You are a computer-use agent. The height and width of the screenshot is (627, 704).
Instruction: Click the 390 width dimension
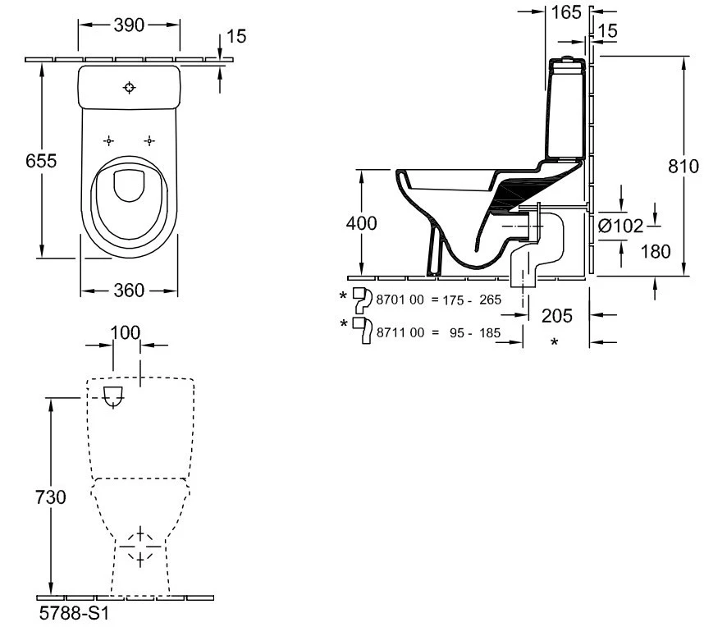tap(128, 25)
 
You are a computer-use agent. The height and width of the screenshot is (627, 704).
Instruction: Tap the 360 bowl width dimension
tap(129, 290)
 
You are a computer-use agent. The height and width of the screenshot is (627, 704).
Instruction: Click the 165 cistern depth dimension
tap(567, 11)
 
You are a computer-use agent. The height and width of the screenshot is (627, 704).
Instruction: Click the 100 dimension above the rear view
tap(126, 332)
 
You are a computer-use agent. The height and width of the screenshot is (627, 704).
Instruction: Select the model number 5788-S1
tap(75, 614)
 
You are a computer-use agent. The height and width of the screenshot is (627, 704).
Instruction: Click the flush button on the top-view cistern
tap(130, 87)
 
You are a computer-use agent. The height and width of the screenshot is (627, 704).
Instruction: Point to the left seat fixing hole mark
tap(110, 140)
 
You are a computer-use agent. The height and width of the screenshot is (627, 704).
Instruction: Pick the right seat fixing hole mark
tap(149, 140)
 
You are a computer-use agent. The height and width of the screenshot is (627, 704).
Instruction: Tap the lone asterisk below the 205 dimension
tap(555, 342)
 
